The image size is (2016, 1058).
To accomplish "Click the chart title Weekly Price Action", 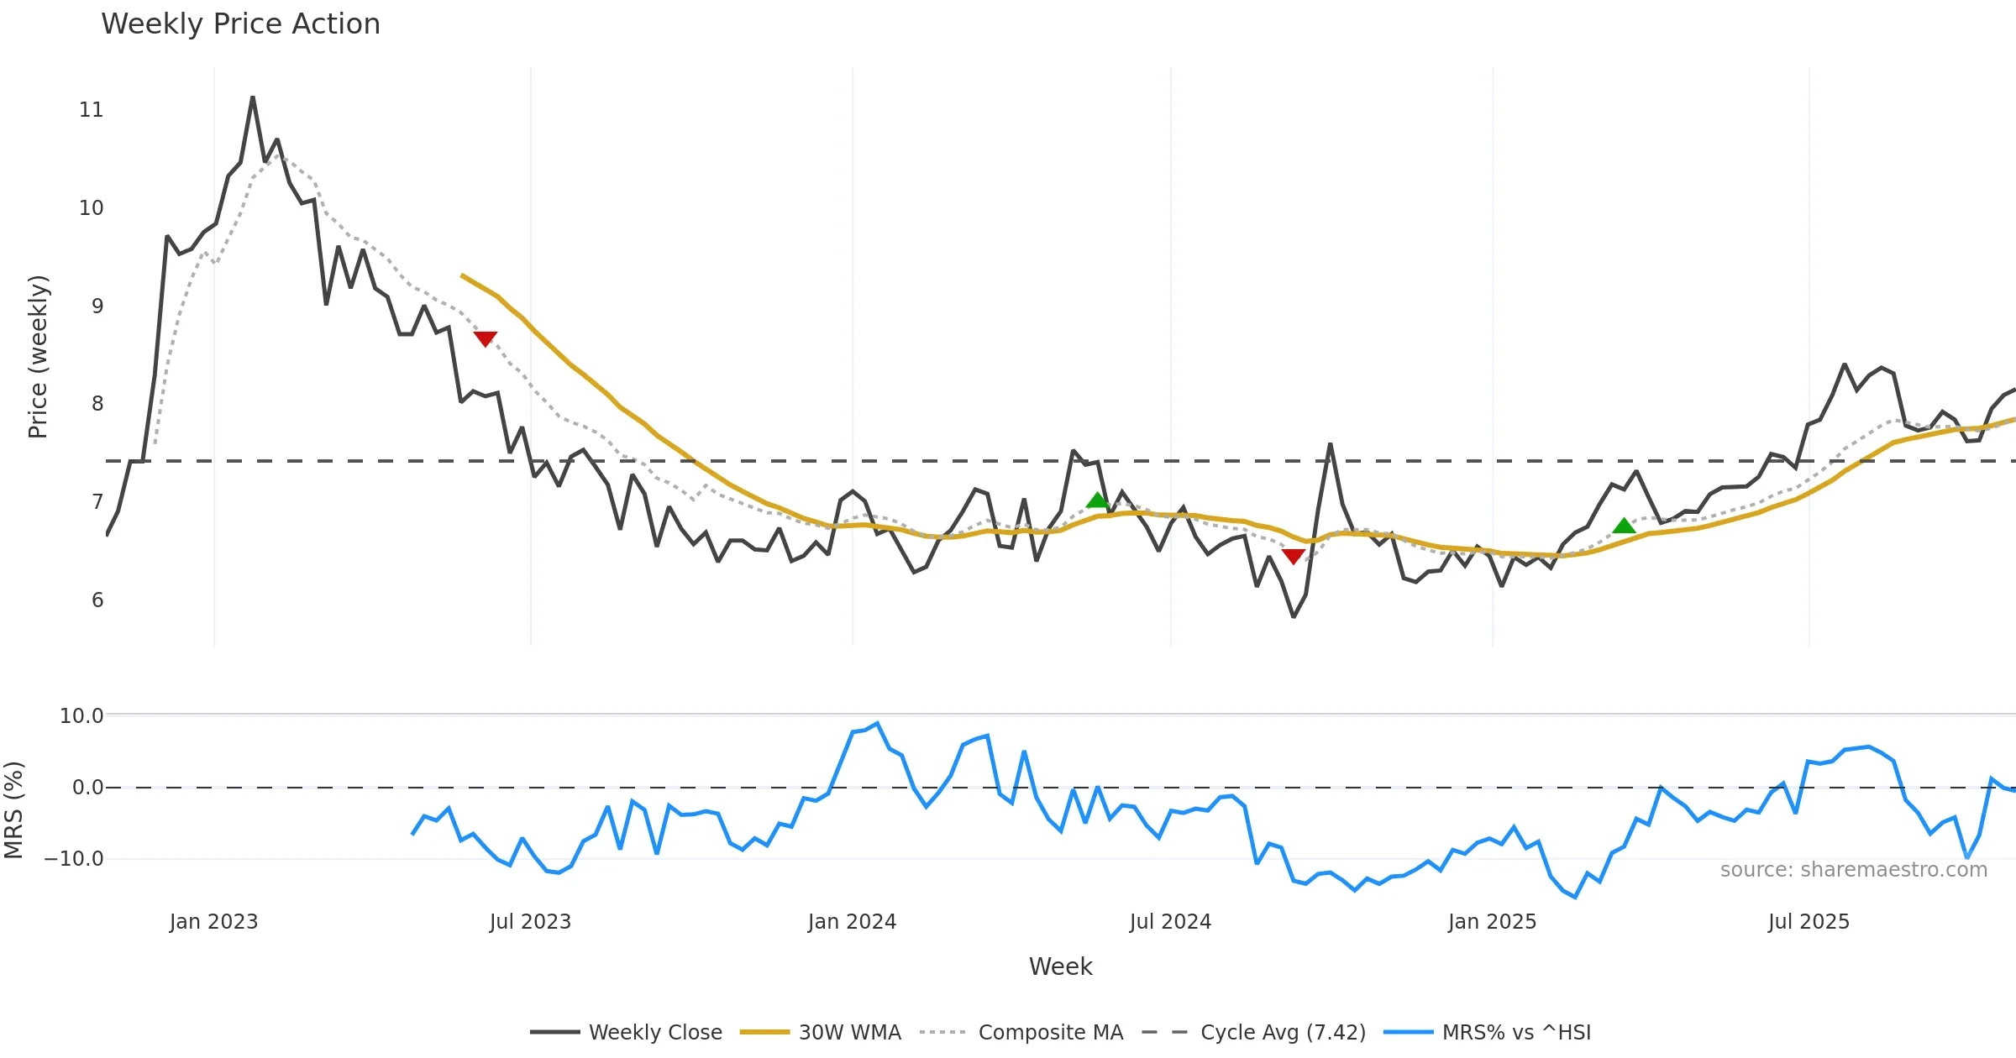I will point(240,24).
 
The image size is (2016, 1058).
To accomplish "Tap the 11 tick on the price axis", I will point(91,110).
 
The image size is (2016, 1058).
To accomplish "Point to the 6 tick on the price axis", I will point(97,600).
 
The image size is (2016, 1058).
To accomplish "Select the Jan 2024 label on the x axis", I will point(852,922).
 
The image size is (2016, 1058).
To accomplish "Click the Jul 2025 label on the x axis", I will point(1809,922).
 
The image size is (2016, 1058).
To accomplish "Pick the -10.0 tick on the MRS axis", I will point(74,859).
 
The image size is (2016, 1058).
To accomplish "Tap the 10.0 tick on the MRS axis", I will point(81,716).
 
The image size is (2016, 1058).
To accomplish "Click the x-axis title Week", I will point(1060,967).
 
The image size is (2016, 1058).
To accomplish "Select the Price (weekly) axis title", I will point(38,357).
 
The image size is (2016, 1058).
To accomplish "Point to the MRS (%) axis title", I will point(14,810).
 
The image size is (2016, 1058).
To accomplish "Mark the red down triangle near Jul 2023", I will point(485,338).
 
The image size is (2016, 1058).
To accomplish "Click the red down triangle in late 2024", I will point(1294,556).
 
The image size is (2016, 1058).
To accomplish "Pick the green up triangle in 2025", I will point(1624,526).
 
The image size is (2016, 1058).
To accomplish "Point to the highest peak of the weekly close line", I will point(253,97).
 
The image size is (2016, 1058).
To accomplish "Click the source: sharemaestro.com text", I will point(1853,870).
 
